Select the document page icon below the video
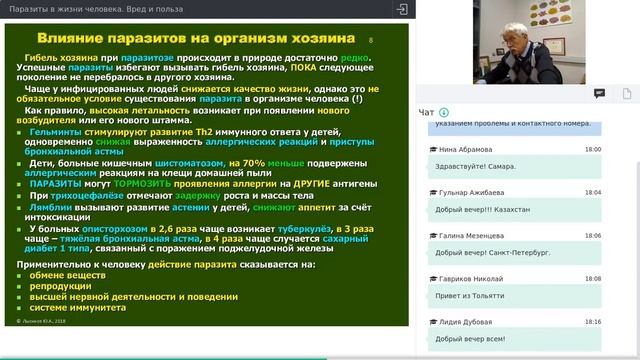pos(599,93)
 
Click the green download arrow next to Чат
pos(443,111)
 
